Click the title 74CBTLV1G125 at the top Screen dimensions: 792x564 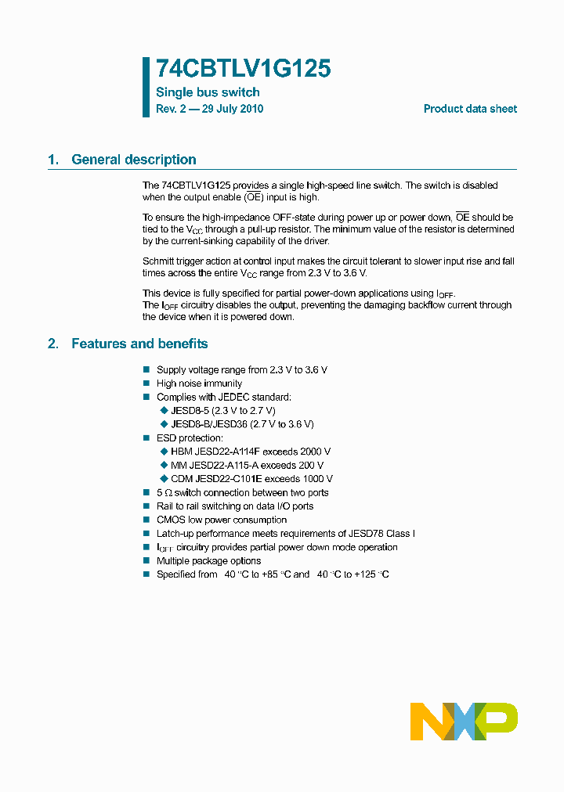click(x=243, y=70)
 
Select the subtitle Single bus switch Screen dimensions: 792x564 click(x=208, y=92)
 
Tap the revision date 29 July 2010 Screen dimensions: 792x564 click(x=233, y=110)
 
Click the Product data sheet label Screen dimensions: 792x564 click(x=470, y=110)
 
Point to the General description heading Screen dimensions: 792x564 click(x=133, y=160)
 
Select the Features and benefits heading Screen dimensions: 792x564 click(x=139, y=344)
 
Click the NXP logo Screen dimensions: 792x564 click(x=464, y=721)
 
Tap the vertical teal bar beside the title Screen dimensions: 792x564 click(x=146, y=87)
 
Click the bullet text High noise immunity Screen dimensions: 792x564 click(x=199, y=383)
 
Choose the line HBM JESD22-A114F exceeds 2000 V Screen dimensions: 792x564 click(x=251, y=452)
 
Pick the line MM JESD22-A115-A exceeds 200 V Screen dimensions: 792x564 click(x=247, y=465)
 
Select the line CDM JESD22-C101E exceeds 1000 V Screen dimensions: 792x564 click(x=251, y=479)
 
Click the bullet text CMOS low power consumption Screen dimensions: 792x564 click(x=222, y=520)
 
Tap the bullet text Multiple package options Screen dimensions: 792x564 click(x=209, y=561)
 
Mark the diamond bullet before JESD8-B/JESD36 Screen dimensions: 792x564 click(x=164, y=424)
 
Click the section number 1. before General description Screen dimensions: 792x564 click(x=53, y=160)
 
